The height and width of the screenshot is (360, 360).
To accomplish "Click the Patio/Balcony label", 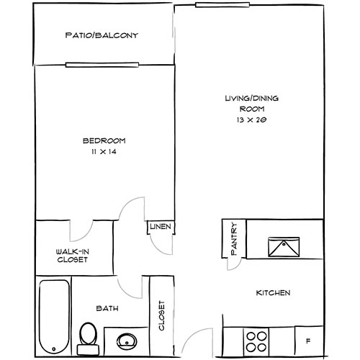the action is point(102,35).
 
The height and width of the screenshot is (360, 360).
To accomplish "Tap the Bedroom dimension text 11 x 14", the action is point(104,152).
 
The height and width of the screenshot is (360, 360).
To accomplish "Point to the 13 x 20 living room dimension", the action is point(251,120).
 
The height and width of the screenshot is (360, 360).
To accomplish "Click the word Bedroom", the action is point(104,140).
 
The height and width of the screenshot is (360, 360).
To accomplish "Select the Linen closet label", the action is point(161,226).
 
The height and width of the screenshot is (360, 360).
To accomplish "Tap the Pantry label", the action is point(234,238).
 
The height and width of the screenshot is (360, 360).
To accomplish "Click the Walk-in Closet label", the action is point(73,256).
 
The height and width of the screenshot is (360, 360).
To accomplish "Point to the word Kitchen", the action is point(273,293).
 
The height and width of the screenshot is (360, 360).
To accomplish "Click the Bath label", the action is point(107,308).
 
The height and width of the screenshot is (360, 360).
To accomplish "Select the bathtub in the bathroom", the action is point(54,317).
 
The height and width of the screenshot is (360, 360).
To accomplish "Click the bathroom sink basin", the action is point(127,341).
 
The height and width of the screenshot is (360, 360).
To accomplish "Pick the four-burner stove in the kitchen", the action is point(256,341).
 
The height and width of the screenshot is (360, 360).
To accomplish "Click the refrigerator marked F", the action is point(309,341).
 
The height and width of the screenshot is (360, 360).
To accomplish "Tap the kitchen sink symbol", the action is point(284,247).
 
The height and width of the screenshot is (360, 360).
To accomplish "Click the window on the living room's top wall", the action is point(222,5).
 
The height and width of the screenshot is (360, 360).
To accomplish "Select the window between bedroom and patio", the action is point(102,65).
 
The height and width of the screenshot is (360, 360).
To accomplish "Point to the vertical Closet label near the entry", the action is point(162,315).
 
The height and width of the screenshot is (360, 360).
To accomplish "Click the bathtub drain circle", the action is point(54,349).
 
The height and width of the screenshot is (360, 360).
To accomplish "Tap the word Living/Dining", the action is point(251,98).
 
